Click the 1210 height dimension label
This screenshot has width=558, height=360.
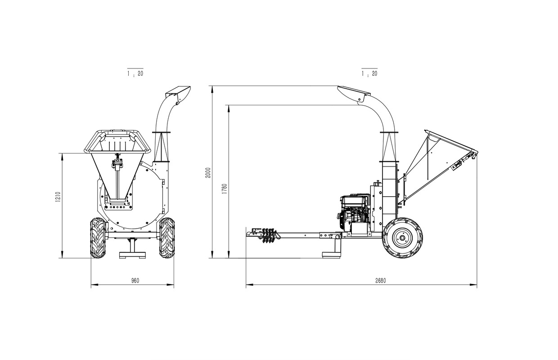pos(58,197)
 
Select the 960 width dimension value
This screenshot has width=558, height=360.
pos(135,280)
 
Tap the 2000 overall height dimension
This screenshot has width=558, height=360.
pos(208,173)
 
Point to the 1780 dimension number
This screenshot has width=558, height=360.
pos(225,189)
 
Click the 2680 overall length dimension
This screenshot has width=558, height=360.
pos(381,280)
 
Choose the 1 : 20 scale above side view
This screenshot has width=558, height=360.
pos(369,73)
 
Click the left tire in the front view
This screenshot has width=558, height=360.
pos(98,238)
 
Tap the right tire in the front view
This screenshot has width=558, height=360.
pos(166,238)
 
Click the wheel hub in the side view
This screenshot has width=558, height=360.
pos(402,238)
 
